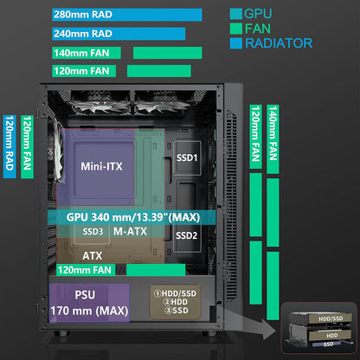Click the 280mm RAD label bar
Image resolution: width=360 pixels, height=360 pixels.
click(x=127, y=15)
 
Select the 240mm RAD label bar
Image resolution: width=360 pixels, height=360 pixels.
click(x=119, y=34)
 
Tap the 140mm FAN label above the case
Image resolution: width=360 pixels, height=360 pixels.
click(x=87, y=53)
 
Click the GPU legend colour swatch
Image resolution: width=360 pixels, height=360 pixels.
click(x=236, y=14)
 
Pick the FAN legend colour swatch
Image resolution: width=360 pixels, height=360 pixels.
click(x=236, y=29)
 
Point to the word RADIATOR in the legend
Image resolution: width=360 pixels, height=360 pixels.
click(x=279, y=43)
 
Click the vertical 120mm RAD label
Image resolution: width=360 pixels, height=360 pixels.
click(x=10, y=147)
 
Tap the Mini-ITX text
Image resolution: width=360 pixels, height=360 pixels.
click(x=101, y=166)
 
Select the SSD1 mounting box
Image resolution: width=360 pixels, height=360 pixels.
click(x=187, y=157)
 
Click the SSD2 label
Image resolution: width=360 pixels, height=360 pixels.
click(x=187, y=235)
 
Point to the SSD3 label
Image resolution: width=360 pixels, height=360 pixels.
click(x=93, y=232)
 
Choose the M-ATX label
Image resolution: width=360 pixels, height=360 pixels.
click(x=130, y=231)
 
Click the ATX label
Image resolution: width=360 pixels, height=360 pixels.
click(x=93, y=256)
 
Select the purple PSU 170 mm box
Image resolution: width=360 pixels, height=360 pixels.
click(x=89, y=303)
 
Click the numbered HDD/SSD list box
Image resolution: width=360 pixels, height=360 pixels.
click(x=175, y=302)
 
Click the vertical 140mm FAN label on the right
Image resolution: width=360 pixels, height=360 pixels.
click(x=273, y=139)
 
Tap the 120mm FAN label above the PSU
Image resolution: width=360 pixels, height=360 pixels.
click(x=86, y=270)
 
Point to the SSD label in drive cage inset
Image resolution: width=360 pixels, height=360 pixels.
click(x=328, y=344)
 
